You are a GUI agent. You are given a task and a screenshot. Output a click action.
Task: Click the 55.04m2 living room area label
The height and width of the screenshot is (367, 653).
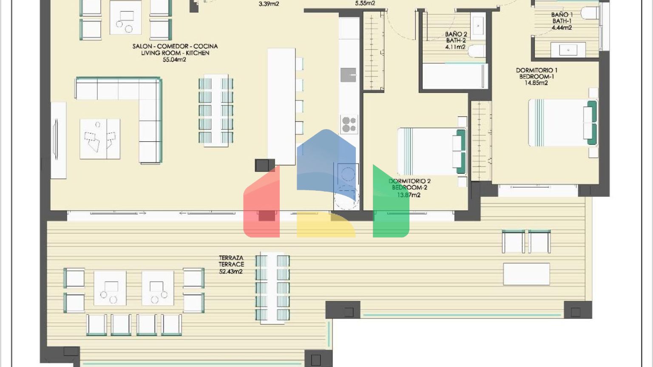(174, 60)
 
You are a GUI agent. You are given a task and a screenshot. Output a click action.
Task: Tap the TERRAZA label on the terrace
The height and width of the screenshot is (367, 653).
(231, 258)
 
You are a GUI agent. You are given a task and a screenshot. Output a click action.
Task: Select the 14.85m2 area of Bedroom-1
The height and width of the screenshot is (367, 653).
(537, 83)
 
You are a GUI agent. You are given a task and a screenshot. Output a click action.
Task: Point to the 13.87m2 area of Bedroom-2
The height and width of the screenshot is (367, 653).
(409, 195)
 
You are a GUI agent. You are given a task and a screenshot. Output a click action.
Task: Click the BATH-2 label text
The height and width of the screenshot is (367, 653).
(456, 40)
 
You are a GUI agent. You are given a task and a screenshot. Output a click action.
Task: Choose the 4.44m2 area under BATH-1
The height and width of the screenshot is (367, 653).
(562, 28)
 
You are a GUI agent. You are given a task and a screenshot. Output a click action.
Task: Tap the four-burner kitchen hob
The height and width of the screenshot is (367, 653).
(349, 124)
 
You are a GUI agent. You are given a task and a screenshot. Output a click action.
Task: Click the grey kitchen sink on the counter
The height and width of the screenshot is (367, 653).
(348, 75)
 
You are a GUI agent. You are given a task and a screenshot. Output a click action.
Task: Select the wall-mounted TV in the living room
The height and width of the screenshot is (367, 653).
(56, 139)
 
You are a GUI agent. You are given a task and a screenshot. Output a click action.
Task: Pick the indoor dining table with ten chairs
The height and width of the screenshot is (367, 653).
(216, 110)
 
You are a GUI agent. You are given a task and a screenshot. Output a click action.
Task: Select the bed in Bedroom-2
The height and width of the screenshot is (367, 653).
(432, 152)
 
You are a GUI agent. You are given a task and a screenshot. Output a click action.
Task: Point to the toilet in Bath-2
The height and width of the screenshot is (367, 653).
(477, 51)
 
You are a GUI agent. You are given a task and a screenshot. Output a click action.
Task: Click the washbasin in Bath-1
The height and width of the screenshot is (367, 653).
(568, 50)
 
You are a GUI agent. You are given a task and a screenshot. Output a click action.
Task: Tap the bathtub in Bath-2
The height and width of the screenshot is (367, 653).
(455, 76)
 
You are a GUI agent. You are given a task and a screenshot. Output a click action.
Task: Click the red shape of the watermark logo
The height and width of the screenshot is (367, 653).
(261, 204)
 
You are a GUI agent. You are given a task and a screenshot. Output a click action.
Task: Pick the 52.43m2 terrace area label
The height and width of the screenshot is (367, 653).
(231, 271)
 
